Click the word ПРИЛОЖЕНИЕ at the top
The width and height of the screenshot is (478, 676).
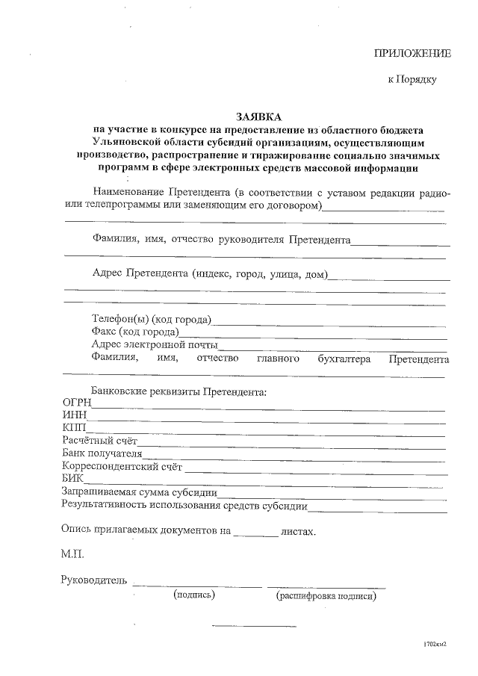tap(412, 54)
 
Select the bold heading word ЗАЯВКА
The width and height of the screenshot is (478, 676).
tap(259, 117)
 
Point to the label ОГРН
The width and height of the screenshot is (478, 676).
tap(75, 403)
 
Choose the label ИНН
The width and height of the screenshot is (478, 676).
tap(75, 415)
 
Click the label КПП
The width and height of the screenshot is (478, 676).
tap(75, 428)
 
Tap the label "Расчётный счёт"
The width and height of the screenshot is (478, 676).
tap(99, 441)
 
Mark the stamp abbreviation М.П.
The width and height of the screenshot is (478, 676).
tap(74, 556)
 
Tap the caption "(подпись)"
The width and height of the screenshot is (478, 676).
tap(194, 595)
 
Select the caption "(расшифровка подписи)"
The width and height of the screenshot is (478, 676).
tap(326, 596)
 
